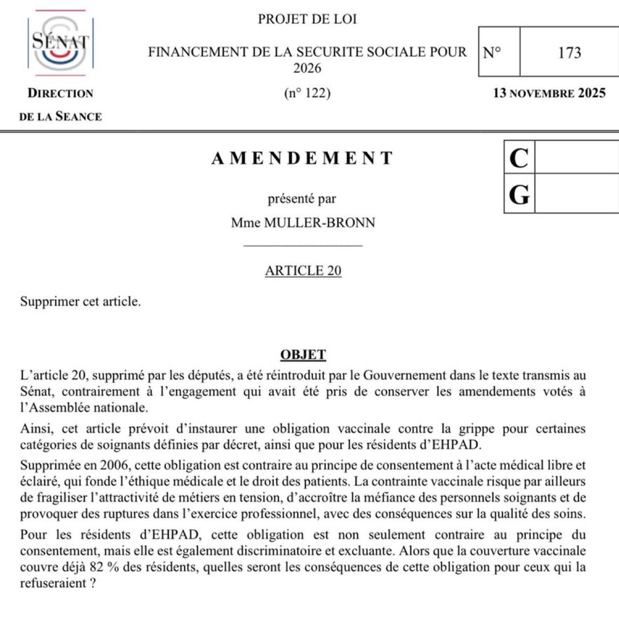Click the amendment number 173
pos(569,53)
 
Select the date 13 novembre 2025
pos(549,93)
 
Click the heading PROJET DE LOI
pos(307,20)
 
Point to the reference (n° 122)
pos(307,93)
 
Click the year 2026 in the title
pos(307,68)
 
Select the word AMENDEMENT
pos(303,158)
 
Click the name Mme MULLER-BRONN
pos(303,223)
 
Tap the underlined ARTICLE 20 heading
pos(303,271)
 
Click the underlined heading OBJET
pos(303,355)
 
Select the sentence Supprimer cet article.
pos(80,302)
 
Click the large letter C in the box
pos(519,158)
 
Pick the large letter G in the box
pos(519,195)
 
